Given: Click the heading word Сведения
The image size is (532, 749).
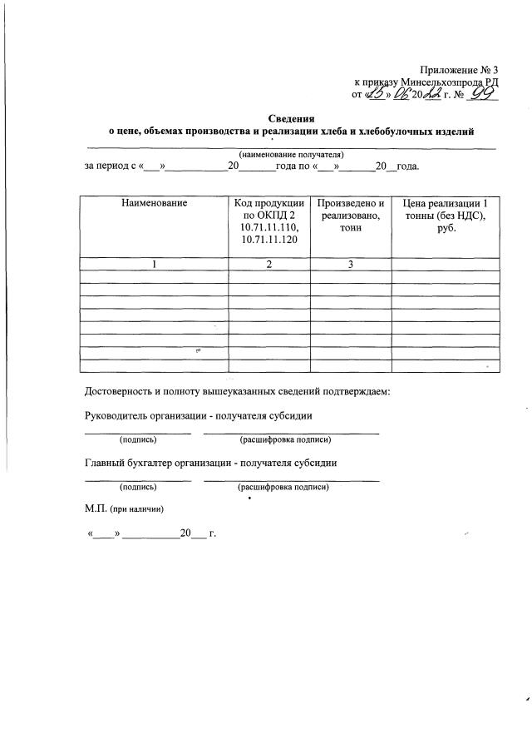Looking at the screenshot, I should click(291, 119).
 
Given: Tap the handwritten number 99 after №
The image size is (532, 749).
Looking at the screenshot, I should click(481, 96).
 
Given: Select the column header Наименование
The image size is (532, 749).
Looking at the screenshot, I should click(154, 203).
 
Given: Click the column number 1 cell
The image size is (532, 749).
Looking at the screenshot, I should click(154, 265).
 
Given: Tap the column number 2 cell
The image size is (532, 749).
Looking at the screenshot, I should click(269, 265).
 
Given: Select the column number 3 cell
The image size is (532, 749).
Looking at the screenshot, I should click(351, 265).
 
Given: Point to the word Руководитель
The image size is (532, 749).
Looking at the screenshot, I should click(117, 415).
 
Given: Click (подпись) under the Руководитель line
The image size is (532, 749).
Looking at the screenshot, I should click(138, 439).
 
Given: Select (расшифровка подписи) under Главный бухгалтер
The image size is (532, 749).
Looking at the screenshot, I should click(283, 487).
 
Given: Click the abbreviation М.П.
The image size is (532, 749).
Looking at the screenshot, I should click(96, 508).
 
